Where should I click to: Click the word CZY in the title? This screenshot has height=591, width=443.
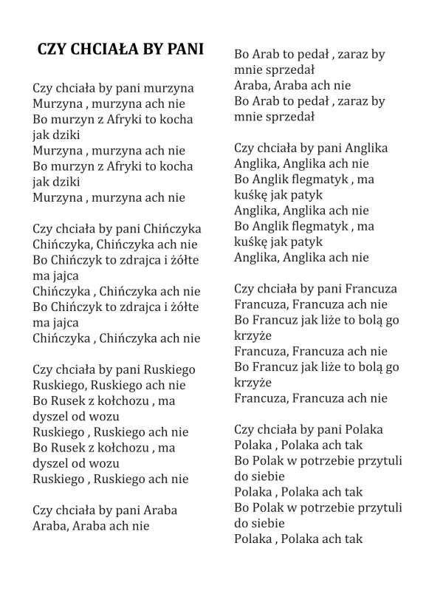(x=53, y=49)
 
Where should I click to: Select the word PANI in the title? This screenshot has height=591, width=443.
(x=185, y=49)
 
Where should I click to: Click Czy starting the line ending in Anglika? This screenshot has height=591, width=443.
(x=245, y=148)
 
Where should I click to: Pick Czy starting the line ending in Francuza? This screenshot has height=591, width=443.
(x=245, y=289)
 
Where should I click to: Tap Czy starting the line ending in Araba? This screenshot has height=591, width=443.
(x=44, y=510)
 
